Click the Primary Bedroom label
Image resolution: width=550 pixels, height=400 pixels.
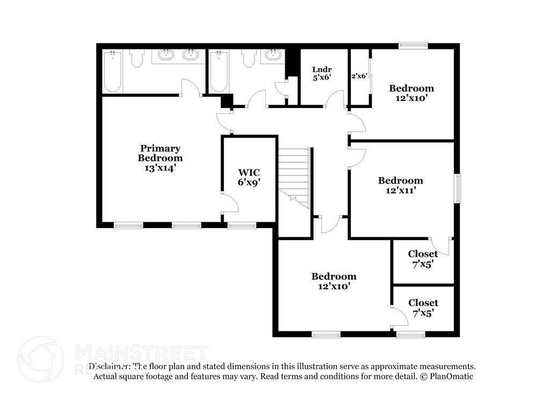(160, 153)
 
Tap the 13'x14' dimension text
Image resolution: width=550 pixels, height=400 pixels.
(160, 168)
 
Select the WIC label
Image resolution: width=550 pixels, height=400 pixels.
(249, 172)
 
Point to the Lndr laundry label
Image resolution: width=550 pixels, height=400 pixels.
(322, 69)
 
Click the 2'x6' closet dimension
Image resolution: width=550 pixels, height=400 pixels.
(359, 76)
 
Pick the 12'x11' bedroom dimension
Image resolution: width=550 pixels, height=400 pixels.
(400, 190)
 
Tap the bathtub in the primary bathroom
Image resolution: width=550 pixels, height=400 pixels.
(112, 71)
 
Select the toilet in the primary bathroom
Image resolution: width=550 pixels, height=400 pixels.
(137, 58)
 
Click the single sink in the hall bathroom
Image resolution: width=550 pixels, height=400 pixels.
(274, 55)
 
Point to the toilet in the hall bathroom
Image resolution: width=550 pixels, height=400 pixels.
(249, 58)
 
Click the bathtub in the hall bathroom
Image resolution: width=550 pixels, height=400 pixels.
(218, 71)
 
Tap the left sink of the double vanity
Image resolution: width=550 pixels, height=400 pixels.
(165, 55)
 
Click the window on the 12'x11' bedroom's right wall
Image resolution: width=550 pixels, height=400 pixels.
(458, 188)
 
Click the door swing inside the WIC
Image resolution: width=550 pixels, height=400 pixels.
(229, 203)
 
